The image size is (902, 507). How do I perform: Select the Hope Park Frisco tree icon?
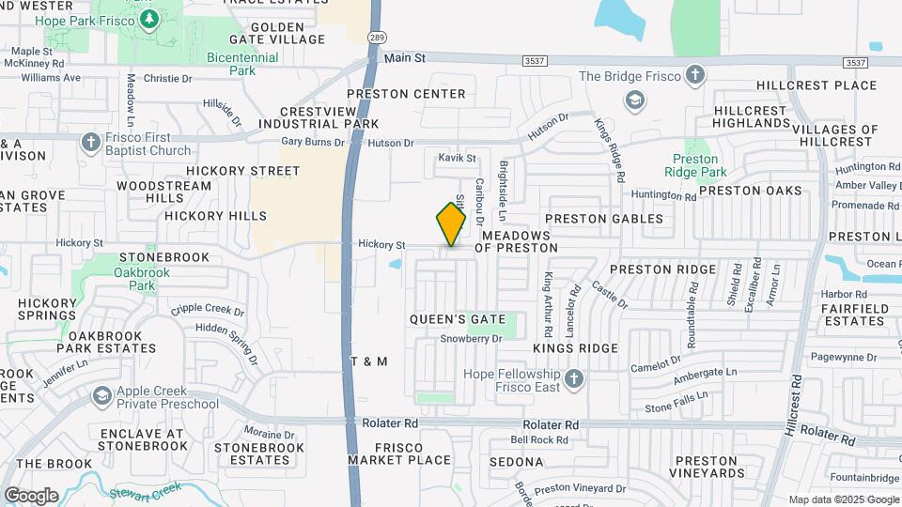tap(149, 20)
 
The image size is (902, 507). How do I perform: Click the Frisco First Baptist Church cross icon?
tap(90, 143)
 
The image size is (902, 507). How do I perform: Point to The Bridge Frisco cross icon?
tap(694, 76)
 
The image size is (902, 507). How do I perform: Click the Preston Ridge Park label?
tap(695, 166)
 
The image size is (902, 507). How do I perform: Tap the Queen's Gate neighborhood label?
tap(458, 319)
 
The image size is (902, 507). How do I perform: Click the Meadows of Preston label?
tap(516, 241)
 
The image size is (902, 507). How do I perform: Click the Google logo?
tap(31, 495)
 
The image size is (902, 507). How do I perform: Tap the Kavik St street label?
tap(458, 158)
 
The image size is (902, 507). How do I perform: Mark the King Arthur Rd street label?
tap(548, 305)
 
